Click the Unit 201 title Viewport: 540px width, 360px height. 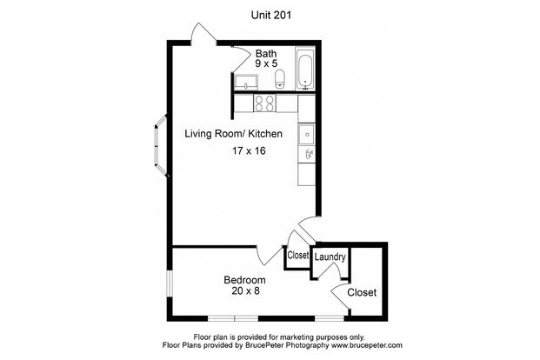coord(271,15)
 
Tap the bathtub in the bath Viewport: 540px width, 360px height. coord(305,70)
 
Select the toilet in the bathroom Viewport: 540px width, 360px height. coord(280,79)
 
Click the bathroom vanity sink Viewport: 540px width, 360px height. coord(245,83)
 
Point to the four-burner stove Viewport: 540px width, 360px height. coord(264,103)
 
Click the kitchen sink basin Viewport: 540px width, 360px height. coord(306,135)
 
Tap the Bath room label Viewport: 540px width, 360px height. coord(266,53)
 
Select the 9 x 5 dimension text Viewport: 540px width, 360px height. coord(266,63)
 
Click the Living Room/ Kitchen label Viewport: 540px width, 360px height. coord(234,134)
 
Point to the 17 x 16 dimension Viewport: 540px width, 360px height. coord(249,151)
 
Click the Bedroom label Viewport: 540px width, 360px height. coord(244,280)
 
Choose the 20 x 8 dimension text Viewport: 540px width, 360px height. coord(245,291)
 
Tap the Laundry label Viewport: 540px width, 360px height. coord(330,257)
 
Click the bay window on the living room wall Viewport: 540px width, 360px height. coord(161,146)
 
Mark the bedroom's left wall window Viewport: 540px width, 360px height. coord(169,283)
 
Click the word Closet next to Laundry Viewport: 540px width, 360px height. coord(298,256)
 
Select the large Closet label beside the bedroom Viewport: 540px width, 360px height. coord(362,292)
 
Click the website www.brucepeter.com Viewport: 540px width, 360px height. coord(366,345)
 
